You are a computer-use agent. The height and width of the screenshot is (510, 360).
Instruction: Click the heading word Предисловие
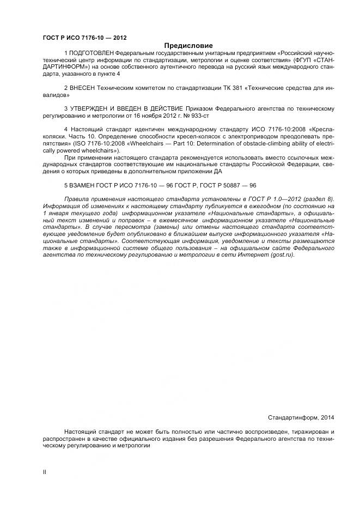click(x=188, y=45)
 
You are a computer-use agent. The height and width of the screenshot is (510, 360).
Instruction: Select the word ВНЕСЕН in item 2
click(x=82, y=87)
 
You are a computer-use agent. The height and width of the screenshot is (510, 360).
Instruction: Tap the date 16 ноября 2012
click(x=155, y=116)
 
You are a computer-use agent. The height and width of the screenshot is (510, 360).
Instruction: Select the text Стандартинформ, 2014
click(x=301, y=417)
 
